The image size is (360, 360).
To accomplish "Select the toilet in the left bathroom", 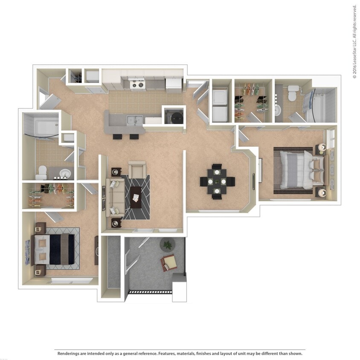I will click(x=42, y=172).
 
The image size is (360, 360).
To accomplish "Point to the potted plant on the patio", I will click(x=168, y=244).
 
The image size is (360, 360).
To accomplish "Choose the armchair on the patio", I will click(x=169, y=262).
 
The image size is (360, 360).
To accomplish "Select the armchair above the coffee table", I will click(x=137, y=170).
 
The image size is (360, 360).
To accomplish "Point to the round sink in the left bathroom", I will click(x=64, y=174).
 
